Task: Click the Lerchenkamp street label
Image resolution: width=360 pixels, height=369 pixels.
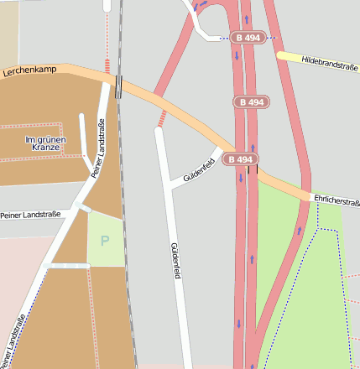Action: [x=29, y=70]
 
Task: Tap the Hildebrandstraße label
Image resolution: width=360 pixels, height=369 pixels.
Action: [x=330, y=62]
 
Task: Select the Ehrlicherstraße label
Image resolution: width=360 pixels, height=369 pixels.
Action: [x=337, y=200]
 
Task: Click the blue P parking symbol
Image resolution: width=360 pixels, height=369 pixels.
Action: [x=105, y=241]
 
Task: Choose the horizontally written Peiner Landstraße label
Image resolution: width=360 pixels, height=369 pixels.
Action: [x=30, y=216]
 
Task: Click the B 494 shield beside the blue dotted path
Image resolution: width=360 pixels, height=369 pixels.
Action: [x=248, y=38]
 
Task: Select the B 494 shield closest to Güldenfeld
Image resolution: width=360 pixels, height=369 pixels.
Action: [x=240, y=159]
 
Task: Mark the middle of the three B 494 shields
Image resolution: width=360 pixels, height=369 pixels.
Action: [x=249, y=101]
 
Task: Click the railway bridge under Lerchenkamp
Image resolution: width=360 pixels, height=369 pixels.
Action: [x=119, y=86]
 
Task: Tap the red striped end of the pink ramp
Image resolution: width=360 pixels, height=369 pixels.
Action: [x=160, y=120]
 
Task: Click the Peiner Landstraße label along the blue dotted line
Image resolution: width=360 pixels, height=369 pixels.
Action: [x=13, y=340]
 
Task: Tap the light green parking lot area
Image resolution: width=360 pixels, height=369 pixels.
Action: [x=106, y=252]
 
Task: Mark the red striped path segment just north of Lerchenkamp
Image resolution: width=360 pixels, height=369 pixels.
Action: [x=107, y=65]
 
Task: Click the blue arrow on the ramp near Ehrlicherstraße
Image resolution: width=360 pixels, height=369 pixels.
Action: [x=300, y=229]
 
